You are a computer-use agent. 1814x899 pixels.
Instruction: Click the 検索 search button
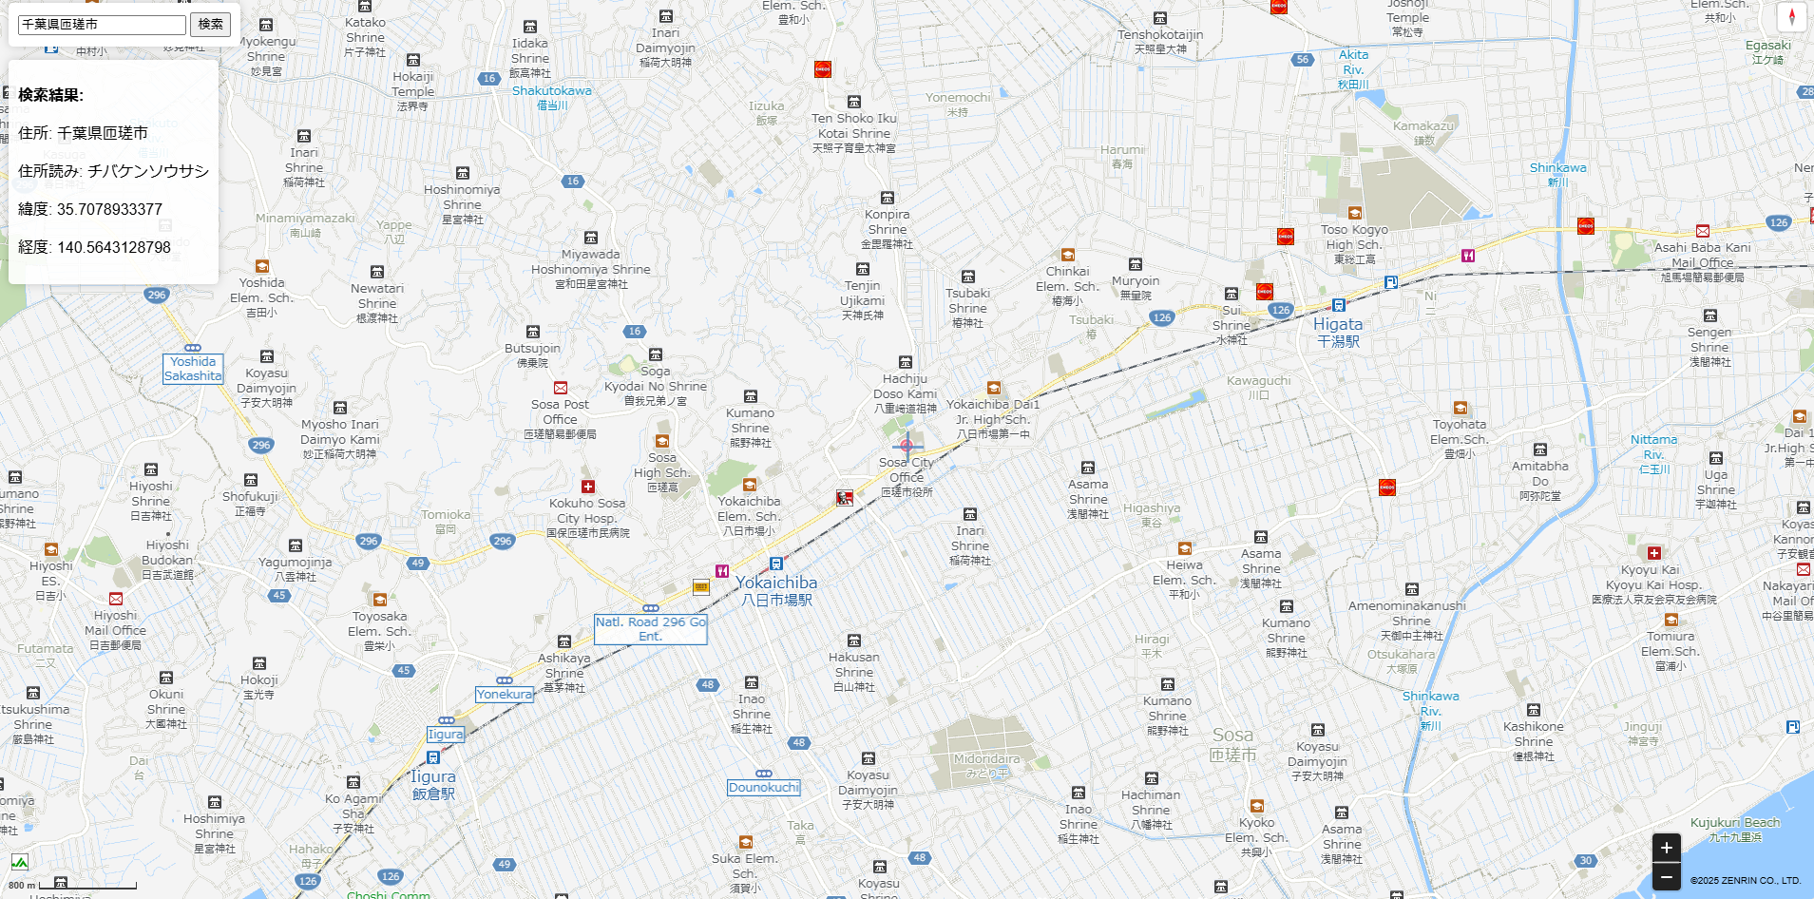(x=210, y=24)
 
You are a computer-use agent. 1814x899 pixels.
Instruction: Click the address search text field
(x=102, y=25)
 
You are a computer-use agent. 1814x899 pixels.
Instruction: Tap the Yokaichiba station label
(x=776, y=583)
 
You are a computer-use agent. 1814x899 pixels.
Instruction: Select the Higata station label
(x=1338, y=324)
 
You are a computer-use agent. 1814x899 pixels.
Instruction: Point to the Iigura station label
(x=433, y=776)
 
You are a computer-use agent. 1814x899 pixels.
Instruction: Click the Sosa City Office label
(x=907, y=470)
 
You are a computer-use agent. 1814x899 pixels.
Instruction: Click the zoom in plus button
(x=1666, y=848)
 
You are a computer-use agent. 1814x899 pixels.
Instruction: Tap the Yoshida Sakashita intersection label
(x=193, y=369)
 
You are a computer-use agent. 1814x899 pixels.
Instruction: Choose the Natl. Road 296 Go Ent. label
(x=651, y=629)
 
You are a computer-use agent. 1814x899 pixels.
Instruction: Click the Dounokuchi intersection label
(x=764, y=788)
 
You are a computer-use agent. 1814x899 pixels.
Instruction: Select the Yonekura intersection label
(x=505, y=695)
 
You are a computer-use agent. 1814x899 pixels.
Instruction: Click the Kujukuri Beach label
(x=1735, y=823)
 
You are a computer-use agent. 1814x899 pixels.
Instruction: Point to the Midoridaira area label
(x=986, y=759)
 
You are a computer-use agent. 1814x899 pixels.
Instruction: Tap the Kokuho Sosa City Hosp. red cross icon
(x=588, y=487)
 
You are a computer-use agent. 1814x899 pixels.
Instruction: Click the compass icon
(x=1791, y=17)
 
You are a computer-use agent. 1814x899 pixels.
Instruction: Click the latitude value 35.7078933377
(x=109, y=209)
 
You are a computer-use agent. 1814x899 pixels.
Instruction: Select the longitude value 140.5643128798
(x=114, y=247)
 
